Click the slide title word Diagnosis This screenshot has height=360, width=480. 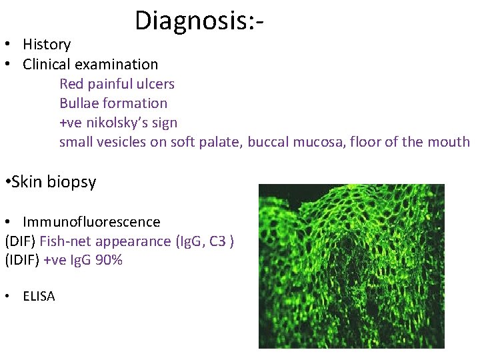coord(193,21)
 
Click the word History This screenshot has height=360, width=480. coord(47,45)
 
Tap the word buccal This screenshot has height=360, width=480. coord(268,142)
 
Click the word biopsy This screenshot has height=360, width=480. coord(73,182)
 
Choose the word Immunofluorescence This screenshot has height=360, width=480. coord(91,221)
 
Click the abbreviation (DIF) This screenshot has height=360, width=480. coord(20,241)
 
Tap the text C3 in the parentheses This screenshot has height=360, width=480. coord(217,241)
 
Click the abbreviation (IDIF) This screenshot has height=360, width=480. coord(22,260)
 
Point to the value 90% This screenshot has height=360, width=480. coord(109,260)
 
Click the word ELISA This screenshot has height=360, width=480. coord(39,296)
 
